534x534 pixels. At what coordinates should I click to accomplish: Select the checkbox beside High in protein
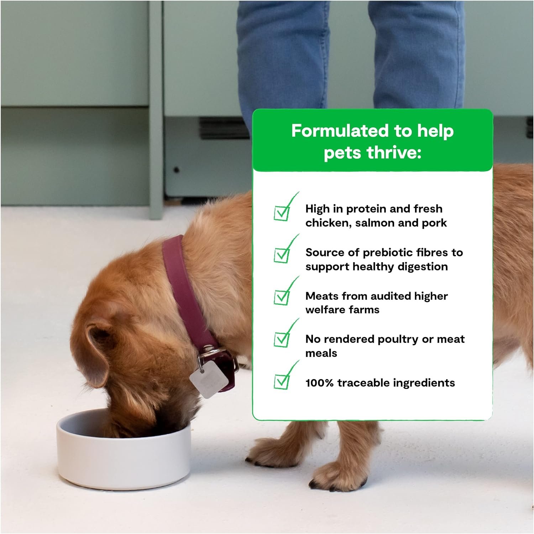(282, 213)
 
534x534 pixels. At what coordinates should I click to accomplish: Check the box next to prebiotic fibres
(282, 255)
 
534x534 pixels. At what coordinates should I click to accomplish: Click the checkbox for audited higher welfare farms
(282, 297)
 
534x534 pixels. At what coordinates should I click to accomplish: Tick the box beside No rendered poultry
(282, 339)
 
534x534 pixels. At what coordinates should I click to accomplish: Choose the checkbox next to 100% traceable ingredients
(282, 382)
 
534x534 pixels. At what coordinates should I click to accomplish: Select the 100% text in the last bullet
(319, 383)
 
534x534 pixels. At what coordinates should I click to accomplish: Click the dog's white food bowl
(124, 452)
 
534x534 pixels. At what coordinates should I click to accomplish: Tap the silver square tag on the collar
(209, 380)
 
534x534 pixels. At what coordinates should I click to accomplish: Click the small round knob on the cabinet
(176, 170)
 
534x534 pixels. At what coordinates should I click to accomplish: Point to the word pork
(434, 223)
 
